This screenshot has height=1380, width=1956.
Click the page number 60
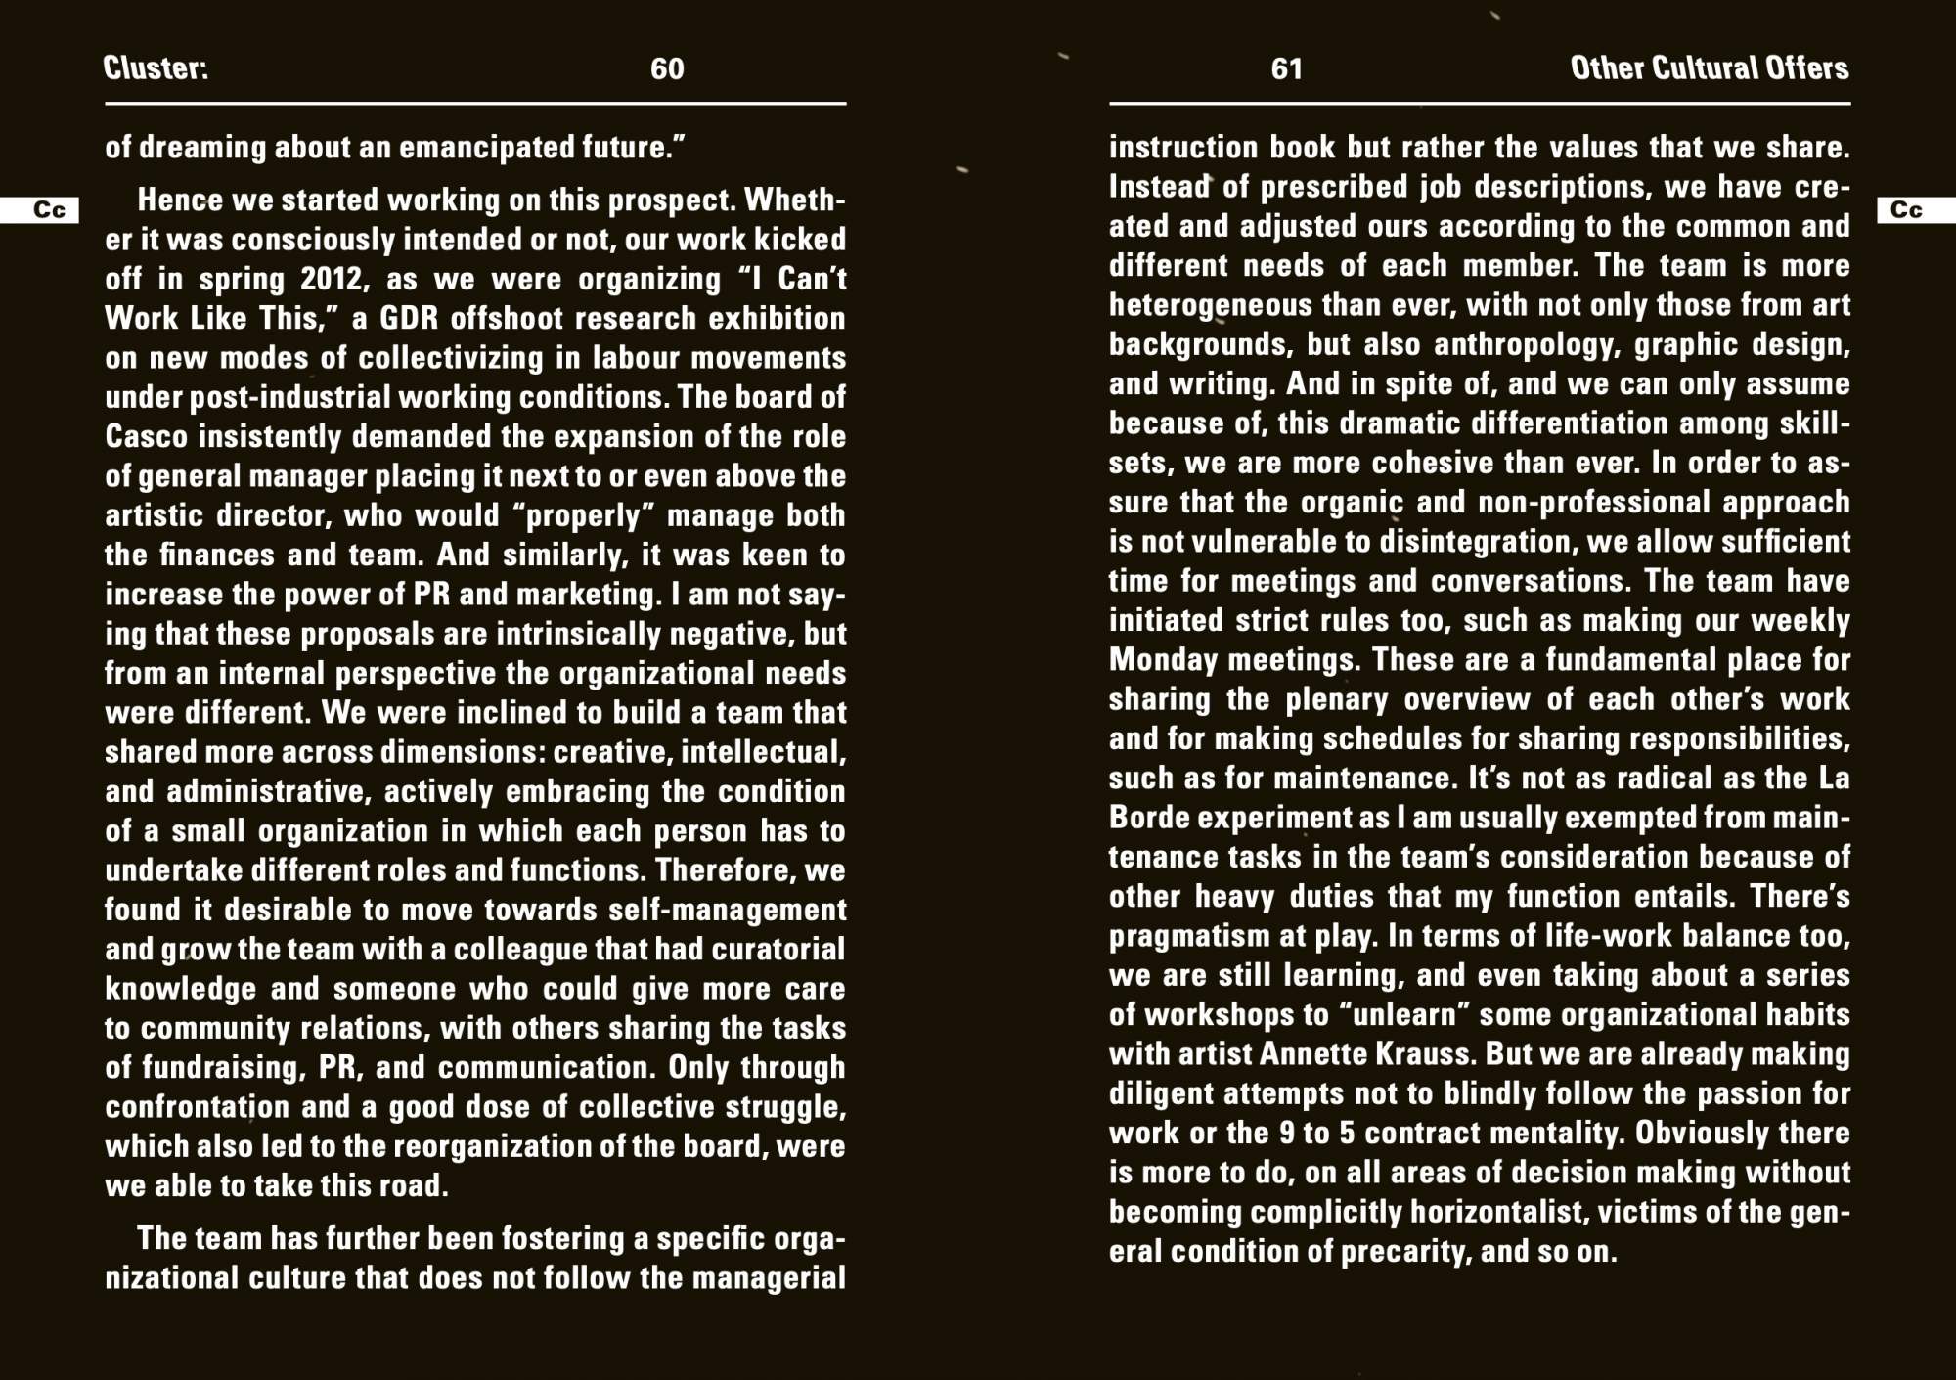tap(667, 68)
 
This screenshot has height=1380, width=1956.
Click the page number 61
tap(1286, 68)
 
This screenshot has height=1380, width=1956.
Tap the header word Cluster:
tap(156, 67)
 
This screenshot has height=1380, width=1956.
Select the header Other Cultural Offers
tap(1709, 67)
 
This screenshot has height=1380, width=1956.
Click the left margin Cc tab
tap(49, 210)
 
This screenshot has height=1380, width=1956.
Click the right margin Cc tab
tap(1906, 210)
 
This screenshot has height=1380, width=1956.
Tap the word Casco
tap(147, 437)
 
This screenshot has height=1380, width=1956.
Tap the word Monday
tap(1162, 660)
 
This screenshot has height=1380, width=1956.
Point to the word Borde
tap(1147, 818)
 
